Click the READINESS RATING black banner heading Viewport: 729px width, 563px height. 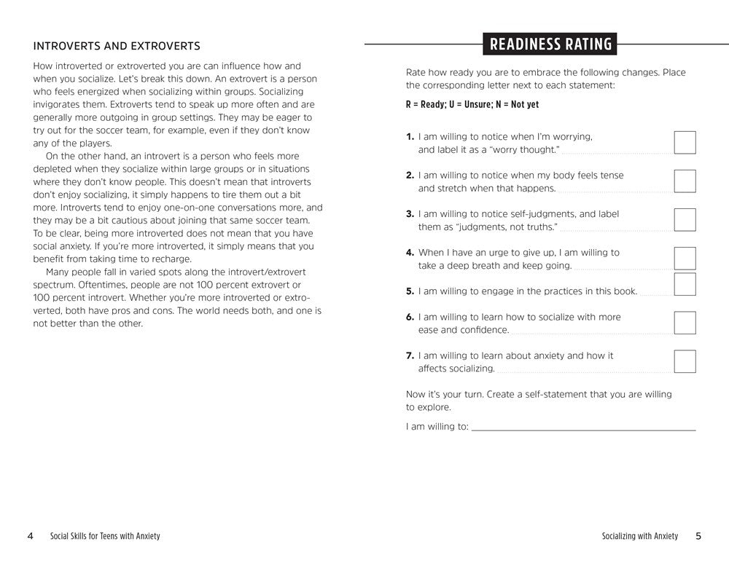coord(550,44)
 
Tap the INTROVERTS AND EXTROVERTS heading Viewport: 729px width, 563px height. coord(117,46)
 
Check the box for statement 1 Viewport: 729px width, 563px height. coord(685,143)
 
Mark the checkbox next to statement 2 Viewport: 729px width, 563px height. coord(685,181)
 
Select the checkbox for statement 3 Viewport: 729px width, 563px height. coord(685,220)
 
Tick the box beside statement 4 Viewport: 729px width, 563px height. coord(685,258)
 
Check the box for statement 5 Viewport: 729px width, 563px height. coord(685,284)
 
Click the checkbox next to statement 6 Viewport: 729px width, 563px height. coord(685,323)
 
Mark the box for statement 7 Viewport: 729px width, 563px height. coord(685,361)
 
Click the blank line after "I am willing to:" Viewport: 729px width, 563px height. coord(583,428)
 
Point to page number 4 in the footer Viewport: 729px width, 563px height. coord(30,536)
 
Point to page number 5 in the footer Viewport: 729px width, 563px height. coord(698,536)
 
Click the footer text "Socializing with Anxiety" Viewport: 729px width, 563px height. coord(639,536)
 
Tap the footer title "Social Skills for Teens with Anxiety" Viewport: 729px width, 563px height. coord(105,536)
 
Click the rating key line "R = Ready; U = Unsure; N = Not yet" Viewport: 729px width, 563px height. coord(472,105)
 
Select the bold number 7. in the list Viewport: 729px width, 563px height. coord(410,355)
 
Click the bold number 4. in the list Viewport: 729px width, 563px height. coord(410,253)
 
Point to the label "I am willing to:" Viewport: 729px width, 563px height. coord(437,427)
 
